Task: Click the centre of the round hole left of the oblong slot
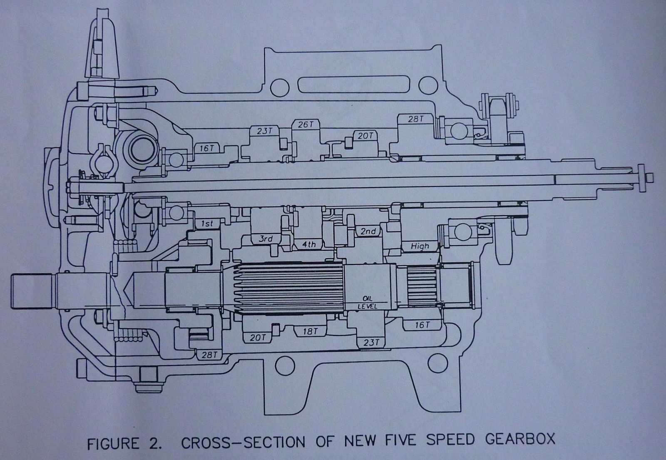pos(279,87)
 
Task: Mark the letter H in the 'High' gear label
pos(414,246)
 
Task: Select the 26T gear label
pos(306,125)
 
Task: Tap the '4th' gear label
pos(309,245)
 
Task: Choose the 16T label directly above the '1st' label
pos(206,148)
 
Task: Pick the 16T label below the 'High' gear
pos(422,325)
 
